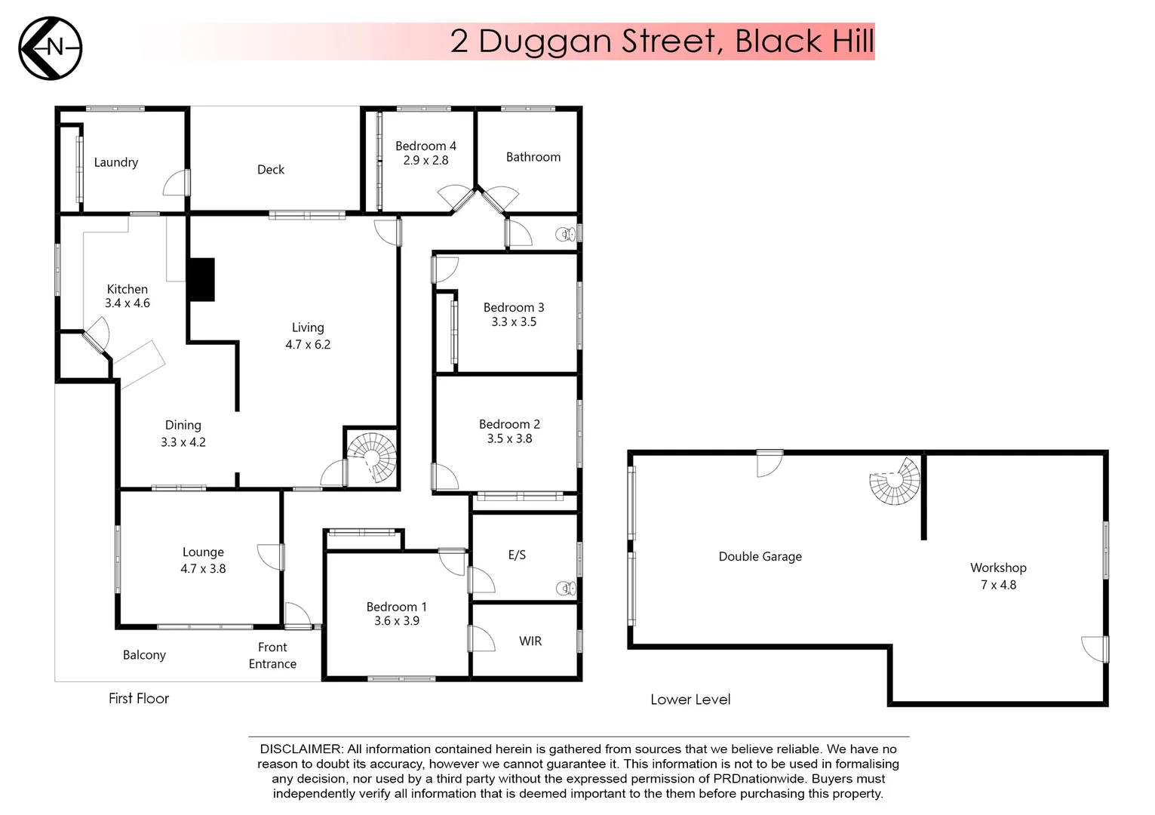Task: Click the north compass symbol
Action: pyautogui.click(x=50, y=48)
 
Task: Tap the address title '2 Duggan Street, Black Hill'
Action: pyautogui.click(x=662, y=42)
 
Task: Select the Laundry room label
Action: pyautogui.click(x=115, y=162)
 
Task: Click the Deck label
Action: pyautogui.click(x=271, y=170)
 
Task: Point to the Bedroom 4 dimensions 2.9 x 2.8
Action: pyautogui.click(x=425, y=161)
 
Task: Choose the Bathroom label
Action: pyautogui.click(x=533, y=157)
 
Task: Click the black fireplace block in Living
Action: pyautogui.click(x=201, y=280)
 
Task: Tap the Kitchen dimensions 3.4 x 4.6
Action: pyautogui.click(x=127, y=303)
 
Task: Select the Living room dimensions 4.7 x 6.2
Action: pyautogui.click(x=308, y=345)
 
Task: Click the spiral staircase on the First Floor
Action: pyautogui.click(x=372, y=457)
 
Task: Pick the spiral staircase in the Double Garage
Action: pyautogui.click(x=895, y=481)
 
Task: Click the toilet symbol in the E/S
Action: pyautogui.click(x=566, y=588)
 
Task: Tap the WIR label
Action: pyautogui.click(x=530, y=641)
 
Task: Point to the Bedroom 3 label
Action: pyautogui.click(x=514, y=308)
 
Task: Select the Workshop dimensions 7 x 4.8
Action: pyautogui.click(x=998, y=585)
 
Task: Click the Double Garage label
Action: pyautogui.click(x=760, y=557)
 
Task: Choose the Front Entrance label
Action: pyautogui.click(x=272, y=656)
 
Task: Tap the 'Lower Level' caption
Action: pyautogui.click(x=690, y=700)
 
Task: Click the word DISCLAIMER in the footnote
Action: pyautogui.click(x=301, y=749)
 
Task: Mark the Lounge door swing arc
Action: pyautogui.click(x=269, y=557)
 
